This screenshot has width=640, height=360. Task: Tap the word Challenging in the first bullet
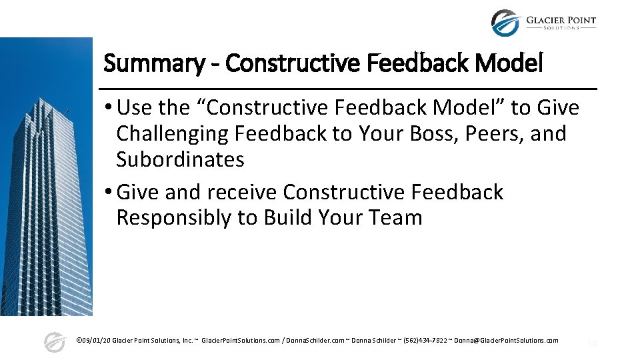coord(172,133)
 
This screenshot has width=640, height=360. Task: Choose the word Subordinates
coord(180,159)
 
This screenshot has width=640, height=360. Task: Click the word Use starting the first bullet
coord(135,107)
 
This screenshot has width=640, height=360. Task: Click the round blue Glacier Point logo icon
coord(505,23)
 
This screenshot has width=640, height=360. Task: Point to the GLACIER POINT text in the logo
coord(561,20)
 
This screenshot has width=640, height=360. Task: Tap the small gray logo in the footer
coord(55,342)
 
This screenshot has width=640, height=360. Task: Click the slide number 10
coord(592,343)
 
